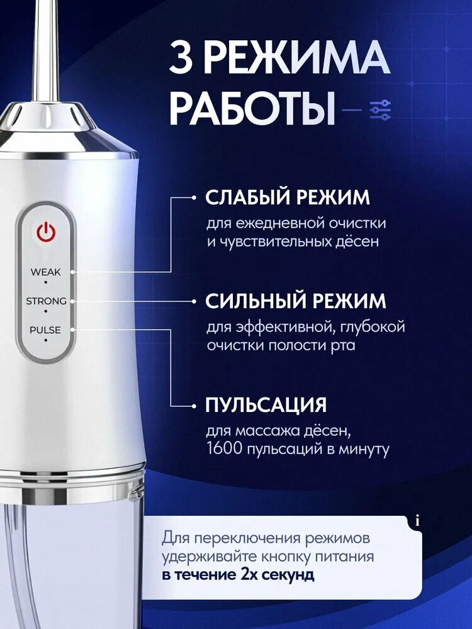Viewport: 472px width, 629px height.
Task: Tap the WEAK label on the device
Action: pos(45,272)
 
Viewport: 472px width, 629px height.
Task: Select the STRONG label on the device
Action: pos(46,301)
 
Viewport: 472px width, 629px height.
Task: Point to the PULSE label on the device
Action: pos(45,330)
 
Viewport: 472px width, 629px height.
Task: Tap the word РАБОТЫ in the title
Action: pos(252,108)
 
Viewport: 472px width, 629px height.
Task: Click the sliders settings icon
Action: pos(379,110)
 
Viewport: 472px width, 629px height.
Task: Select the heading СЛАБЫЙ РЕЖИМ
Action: pos(288,198)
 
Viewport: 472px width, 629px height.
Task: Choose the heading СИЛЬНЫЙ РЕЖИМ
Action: pos(295,301)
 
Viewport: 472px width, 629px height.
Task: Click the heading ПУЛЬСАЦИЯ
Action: pos(266,405)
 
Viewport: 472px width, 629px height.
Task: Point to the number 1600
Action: pos(225,448)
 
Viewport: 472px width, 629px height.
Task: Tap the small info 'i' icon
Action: pos(418,521)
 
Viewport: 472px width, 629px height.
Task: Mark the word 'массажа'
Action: pos(266,431)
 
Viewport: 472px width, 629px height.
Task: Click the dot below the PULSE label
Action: pos(46,340)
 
